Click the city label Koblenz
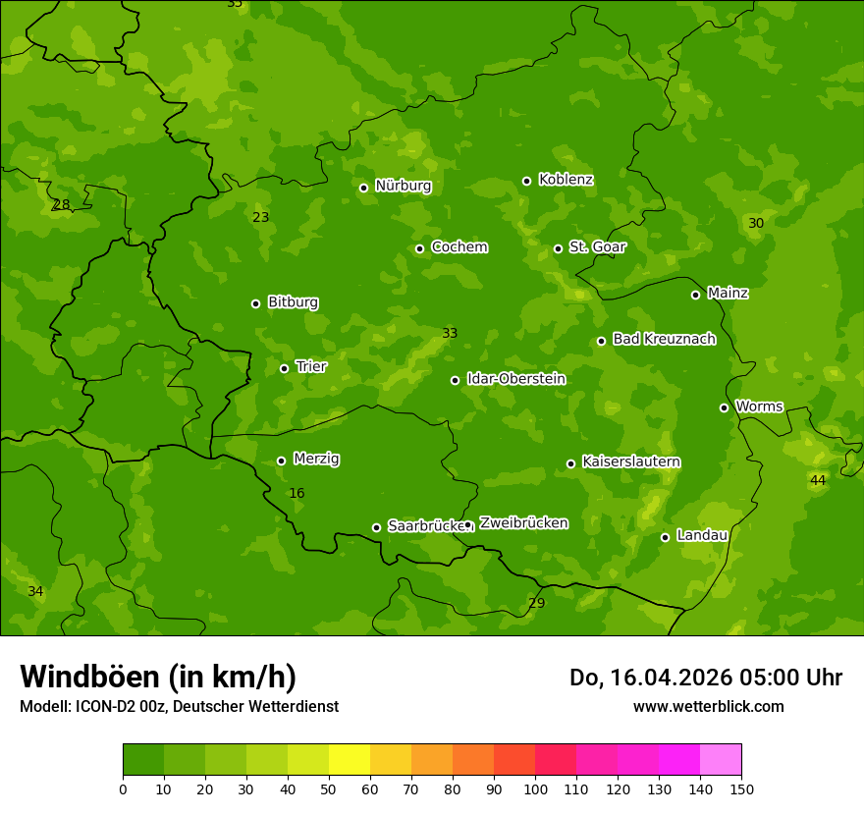pos(566,180)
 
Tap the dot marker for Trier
pos(285,368)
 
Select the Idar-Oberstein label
pos(515,379)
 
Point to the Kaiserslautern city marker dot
pos(570,463)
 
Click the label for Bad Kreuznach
pos(664,339)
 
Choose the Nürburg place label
pos(403,186)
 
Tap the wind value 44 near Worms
pos(818,480)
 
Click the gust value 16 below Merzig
pos(297,493)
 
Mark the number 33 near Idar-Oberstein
pos(450,333)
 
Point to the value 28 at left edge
pos(61,205)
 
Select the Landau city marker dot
pos(665,537)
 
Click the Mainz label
pos(728,293)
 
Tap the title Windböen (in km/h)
pos(158,677)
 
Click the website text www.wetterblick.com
pos(708,706)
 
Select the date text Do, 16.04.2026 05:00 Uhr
pos(706,678)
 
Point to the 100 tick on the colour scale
pos(535,788)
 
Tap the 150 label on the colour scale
pos(741,788)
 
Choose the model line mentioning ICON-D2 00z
pos(179,706)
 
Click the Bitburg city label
pos(293,302)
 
